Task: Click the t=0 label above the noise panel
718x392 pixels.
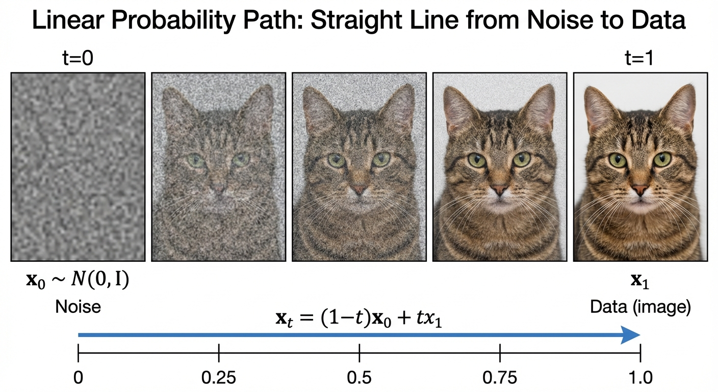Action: (78, 60)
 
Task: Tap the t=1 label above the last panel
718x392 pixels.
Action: (639, 60)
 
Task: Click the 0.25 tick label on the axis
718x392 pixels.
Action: (218, 378)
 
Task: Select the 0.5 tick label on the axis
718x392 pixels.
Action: (359, 378)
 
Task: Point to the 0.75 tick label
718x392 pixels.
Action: (500, 378)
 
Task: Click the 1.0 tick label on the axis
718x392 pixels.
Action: (640, 378)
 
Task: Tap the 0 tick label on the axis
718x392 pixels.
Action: (78, 378)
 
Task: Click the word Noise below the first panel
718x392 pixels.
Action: (78, 307)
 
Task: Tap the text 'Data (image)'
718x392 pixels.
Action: (640, 307)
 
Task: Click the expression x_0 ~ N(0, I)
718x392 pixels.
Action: (78, 280)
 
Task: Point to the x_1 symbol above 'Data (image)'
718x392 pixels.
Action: (640, 282)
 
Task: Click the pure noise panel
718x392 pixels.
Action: (78, 166)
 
